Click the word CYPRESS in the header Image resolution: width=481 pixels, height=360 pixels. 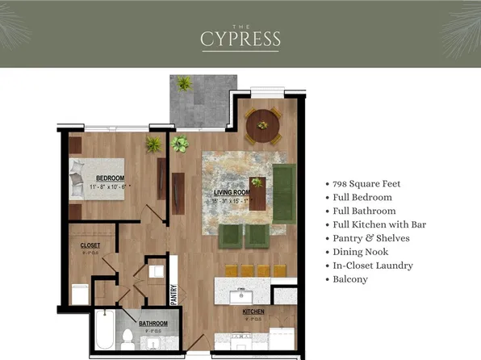click(240, 38)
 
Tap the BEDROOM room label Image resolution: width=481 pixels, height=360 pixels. click(109, 178)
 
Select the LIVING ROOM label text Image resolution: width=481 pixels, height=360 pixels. click(232, 194)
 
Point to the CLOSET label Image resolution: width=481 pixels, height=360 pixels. click(90, 245)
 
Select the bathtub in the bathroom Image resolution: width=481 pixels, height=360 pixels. click(104, 333)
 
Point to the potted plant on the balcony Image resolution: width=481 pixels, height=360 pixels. click(185, 83)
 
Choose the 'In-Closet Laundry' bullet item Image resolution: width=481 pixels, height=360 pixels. click(373, 266)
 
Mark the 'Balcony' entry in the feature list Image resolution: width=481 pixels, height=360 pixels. click(350, 279)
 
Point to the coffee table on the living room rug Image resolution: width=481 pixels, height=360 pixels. click(257, 193)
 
